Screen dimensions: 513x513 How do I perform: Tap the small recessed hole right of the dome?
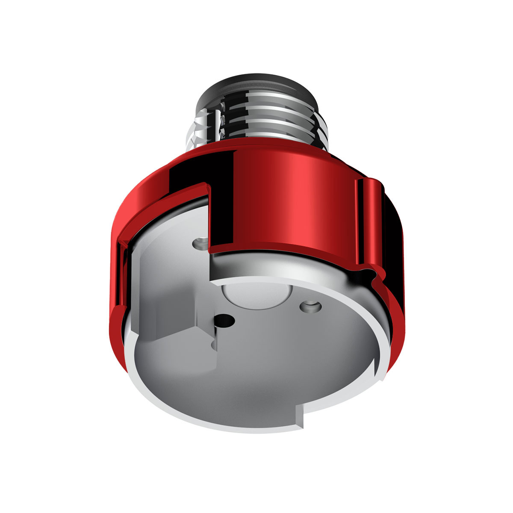[310, 306]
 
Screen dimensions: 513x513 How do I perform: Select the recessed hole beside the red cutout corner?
[199, 244]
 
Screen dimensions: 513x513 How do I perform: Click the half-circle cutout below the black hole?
[214, 345]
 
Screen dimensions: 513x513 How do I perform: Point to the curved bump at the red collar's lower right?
[376, 278]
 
